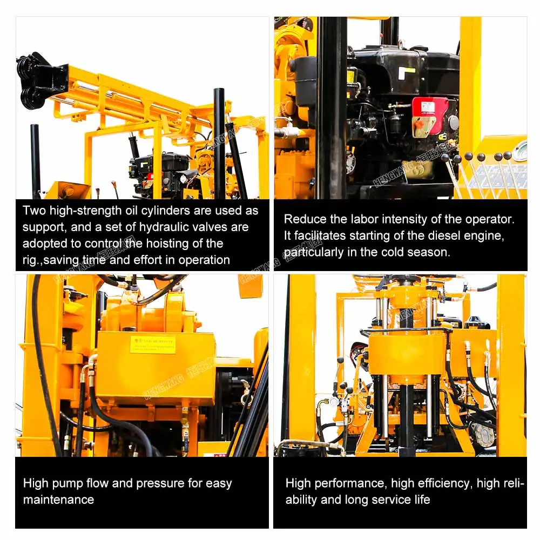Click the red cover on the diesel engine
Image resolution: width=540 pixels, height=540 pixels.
point(430,116)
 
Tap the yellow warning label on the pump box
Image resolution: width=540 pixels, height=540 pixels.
point(153,345)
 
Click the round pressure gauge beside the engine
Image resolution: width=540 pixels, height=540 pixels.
point(520,152)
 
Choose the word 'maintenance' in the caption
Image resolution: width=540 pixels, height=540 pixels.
point(58,500)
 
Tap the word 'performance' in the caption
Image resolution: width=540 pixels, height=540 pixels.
point(354,483)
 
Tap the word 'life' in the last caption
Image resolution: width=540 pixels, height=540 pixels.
point(422,500)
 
